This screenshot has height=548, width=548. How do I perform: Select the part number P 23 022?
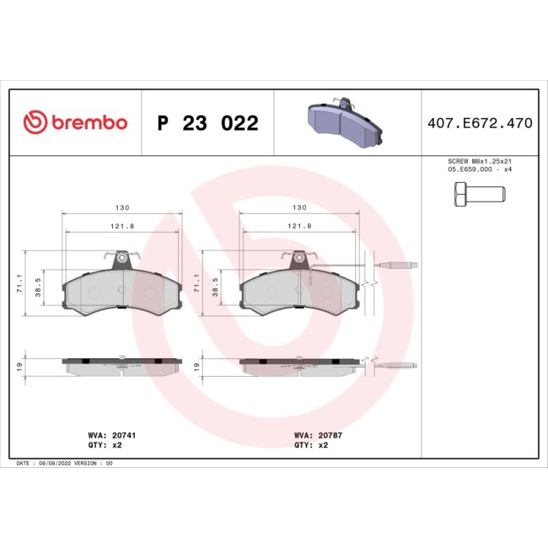(x=207, y=123)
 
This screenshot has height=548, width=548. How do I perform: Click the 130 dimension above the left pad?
(x=121, y=207)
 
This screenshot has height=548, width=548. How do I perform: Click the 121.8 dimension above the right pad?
(x=300, y=226)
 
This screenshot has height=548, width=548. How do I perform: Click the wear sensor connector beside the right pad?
(x=395, y=268)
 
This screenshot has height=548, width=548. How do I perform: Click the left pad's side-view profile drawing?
(x=121, y=365)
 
